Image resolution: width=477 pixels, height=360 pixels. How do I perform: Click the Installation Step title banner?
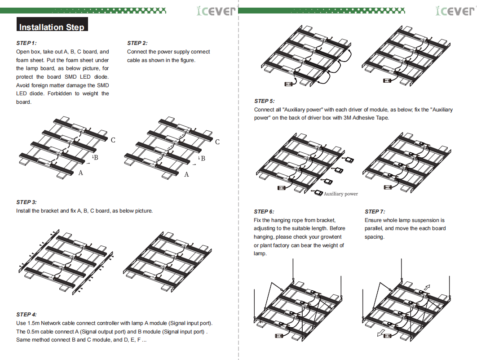pyautogui.click(x=52, y=24)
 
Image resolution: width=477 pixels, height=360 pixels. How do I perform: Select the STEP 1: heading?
pyautogui.click(x=26, y=43)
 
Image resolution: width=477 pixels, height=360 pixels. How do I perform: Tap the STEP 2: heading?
pyautogui.click(x=137, y=43)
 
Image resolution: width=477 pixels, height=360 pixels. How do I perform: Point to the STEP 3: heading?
pyautogui.click(x=26, y=202)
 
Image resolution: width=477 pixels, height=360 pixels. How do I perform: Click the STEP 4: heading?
pyautogui.click(x=26, y=314)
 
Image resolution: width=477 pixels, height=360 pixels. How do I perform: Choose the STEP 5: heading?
pyautogui.click(x=265, y=101)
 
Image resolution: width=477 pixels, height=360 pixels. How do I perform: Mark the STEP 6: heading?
pyautogui.click(x=264, y=212)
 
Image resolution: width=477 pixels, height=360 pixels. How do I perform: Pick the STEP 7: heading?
pyautogui.click(x=375, y=212)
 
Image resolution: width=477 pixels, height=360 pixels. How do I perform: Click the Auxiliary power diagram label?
pyautogui.click(x=341, y=194)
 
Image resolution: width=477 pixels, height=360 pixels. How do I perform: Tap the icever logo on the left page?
pyautogui.click(x=216, y=11)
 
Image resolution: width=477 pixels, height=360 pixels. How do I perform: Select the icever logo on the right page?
pyautogui.click(x=455, y=11)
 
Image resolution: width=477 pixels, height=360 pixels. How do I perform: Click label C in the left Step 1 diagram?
pyautogui.click(x=113, y=140)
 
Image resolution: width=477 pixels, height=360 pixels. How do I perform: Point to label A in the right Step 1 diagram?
pyautogui.click(x=186, y=174)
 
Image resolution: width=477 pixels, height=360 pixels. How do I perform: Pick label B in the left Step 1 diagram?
pyautogui.click(x=96, y=157)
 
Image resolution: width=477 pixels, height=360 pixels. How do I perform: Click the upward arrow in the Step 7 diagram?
pyautogui.click(x=427, y=287)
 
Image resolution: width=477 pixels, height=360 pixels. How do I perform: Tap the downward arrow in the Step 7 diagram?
pyautogui.click(x=380, y=333)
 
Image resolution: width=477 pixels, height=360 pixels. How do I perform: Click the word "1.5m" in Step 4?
pyautogui.click(x=34, y=323)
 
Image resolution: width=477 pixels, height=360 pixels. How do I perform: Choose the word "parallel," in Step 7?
pyautogui.click(x=374, y=228)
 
